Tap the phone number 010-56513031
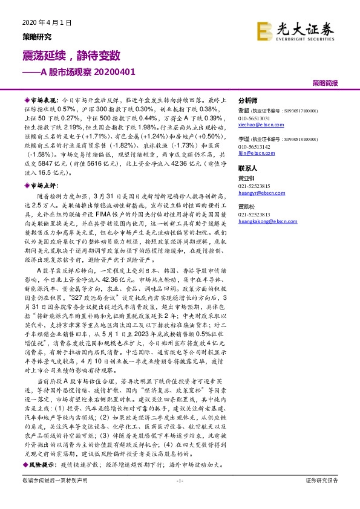pos(254,117)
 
